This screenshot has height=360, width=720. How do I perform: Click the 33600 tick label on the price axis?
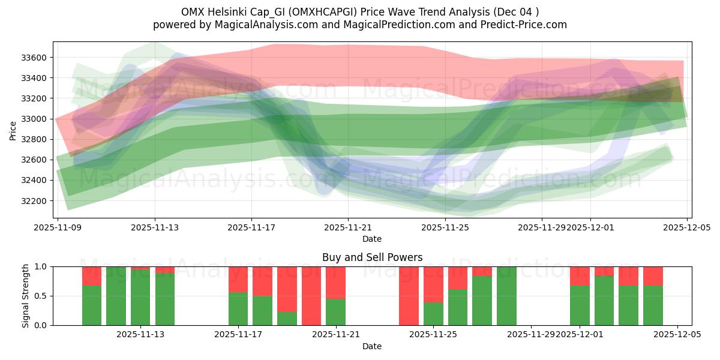coord(35,58)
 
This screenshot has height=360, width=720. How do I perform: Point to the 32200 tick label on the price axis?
coord(35,200)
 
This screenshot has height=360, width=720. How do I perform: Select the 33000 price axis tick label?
coord(35,119)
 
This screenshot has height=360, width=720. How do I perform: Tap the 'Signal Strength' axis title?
coord(25,296)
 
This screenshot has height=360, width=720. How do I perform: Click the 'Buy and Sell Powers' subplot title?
coord(372,257)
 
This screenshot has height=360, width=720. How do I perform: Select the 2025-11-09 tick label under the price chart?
coord(58,228)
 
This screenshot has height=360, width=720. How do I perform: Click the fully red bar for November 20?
coord(311,296)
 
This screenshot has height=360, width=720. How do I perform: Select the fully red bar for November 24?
coord(409,296)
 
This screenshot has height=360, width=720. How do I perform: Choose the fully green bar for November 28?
coord(506,296)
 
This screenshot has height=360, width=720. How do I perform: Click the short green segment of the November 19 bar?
coord(287,319)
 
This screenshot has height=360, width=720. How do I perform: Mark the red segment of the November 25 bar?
coord(433,284)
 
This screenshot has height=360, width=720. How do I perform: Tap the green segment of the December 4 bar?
coord(653,305)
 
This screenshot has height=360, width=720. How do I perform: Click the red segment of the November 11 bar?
coord(92,275)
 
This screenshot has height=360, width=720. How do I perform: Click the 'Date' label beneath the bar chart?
coord(372,346)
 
